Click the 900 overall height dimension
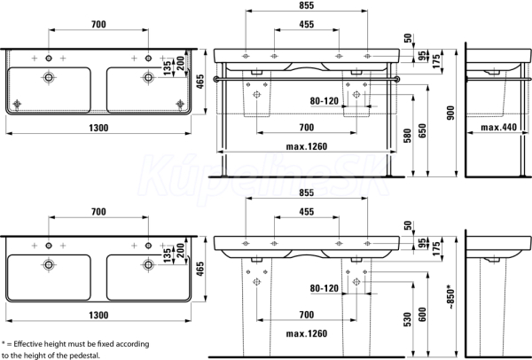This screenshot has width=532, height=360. [450, 113]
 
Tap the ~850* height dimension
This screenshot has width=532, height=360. [450, 297]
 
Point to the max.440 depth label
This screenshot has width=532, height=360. [498, 127]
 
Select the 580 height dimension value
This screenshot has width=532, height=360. [408, 136]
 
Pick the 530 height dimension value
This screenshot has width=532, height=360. [408, 319]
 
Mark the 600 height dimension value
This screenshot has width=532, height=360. [422, 315]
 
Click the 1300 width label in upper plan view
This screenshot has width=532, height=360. [98, 128]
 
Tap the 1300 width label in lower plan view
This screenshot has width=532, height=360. [98, 315]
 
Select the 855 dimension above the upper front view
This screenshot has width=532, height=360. [307, 5]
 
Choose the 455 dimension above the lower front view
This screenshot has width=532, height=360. [307, 212]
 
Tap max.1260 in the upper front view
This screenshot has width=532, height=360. [307, 146]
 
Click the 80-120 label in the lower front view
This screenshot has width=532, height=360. [325, 288]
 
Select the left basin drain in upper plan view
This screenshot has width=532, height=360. [49, 78]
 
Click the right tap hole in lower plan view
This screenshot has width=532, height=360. [148, 246]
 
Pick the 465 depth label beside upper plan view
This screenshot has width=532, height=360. [200, 82]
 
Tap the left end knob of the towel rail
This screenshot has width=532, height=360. [216, 80]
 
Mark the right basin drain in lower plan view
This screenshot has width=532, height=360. [148, 264]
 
